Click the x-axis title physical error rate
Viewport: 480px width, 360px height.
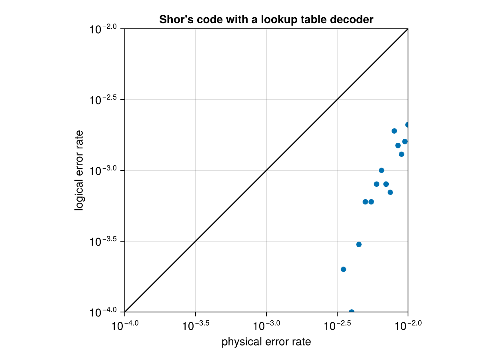pyautogui.click(x=266, y=342)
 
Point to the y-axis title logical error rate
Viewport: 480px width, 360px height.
pyautogui.click(x=80, y=170)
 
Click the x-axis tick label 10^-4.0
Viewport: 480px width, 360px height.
pyautogui.click(x=125, y=325)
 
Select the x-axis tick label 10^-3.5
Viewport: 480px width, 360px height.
pyautogui.click(x=195, y=325)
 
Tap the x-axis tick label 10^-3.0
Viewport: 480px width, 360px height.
pyautogui.click(x=266, y=325)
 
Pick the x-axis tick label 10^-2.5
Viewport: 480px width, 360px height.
pyautogui.click(x=337, y=325)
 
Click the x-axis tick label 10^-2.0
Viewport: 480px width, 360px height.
pyautogui.click(x=407, y=325)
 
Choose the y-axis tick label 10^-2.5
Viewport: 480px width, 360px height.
pyautogui.click(x=103, y=100)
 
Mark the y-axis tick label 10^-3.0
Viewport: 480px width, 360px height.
pyautogui.click(x=103, y=171)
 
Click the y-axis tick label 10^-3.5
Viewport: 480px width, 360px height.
pyautogui.click(x=103, y=242)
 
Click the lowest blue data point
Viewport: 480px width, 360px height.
pyautogui.click(x=352, y=312)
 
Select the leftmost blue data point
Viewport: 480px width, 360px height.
pyautogui.click(x=343, y=269)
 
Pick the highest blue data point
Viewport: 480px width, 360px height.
pyautogui.click(x=408, y=125)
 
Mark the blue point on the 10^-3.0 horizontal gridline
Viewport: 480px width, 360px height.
pyautogui.click(x=381, y=170)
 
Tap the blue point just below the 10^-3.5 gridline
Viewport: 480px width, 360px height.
pyautogui.click(x=359, y=244)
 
